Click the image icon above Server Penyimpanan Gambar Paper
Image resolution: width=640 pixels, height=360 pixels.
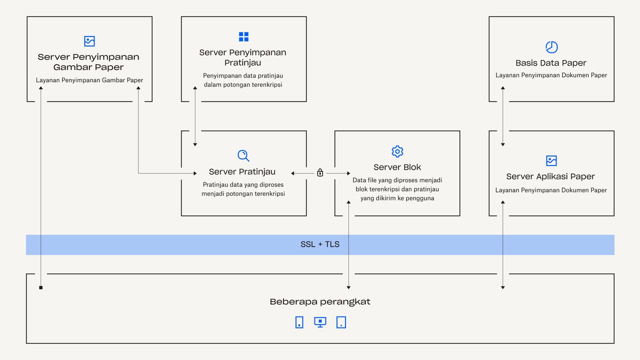pos(89,41)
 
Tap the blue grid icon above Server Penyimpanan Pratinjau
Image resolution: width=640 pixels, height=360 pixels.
pos(243,36)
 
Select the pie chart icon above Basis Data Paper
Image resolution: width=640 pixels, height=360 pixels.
pos(551,47)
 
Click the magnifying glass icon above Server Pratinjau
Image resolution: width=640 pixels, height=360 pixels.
pos(243,155)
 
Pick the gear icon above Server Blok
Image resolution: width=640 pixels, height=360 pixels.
pos(397,151)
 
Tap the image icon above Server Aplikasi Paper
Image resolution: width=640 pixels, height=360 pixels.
pos(551,160)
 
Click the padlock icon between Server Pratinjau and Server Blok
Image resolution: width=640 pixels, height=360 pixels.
pos(320,173)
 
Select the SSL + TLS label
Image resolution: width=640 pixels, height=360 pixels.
pos(320,244)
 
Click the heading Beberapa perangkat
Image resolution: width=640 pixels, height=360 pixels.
pos(320,302)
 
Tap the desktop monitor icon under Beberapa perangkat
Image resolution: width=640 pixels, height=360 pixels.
pos(320,322)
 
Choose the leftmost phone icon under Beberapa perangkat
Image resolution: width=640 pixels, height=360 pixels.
pos(299,322)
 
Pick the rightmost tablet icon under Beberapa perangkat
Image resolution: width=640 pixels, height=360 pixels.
pos(341,322)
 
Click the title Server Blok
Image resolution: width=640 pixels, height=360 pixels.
pos(397,167)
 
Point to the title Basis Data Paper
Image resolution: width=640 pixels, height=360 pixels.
pos(551,63)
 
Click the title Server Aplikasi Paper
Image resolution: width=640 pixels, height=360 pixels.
pos(550,176)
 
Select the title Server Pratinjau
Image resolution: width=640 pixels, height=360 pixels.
pos(242,171)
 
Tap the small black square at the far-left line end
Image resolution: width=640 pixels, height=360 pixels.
pos(41,287)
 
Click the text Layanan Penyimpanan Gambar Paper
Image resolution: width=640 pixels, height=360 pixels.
pos(89,80)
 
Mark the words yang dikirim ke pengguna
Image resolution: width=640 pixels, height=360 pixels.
pos(397,198)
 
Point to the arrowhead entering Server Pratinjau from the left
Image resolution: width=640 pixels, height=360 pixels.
pos(195,173)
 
